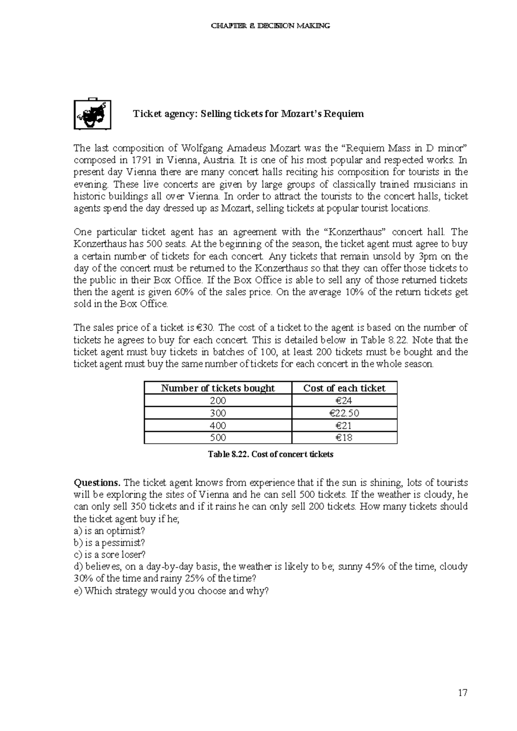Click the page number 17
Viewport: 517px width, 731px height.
463,693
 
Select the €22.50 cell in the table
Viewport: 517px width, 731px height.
344,413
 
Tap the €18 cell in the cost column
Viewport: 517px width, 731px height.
344,438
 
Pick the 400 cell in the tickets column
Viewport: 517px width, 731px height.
218,425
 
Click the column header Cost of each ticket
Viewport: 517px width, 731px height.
344,388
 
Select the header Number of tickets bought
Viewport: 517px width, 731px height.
218,388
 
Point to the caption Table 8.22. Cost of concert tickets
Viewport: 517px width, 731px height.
271,454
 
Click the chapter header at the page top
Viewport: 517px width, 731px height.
271,26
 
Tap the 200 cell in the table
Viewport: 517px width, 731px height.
218,401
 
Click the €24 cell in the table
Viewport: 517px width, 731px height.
344,401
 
